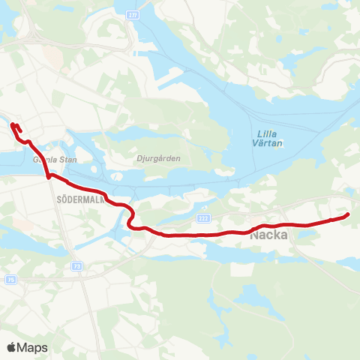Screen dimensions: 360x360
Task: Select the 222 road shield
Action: tap(203, 217)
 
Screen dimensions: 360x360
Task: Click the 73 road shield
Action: tap(77, 265)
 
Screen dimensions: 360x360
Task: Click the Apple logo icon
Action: tap(11, 347)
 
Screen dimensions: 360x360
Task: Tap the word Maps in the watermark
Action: tap(32, 348)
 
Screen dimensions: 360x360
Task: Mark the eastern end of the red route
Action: tap(348, 216)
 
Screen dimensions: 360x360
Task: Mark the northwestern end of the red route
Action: tap(13, 124)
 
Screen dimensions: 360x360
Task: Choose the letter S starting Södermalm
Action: tap(58, 201)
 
